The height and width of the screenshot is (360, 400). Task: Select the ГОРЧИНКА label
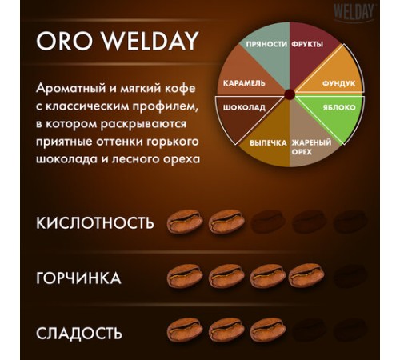pyautogui.click(x=78, y=278)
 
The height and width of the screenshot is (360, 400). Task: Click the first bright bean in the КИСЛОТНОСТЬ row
pyautogui.click(x=185, y=222)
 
